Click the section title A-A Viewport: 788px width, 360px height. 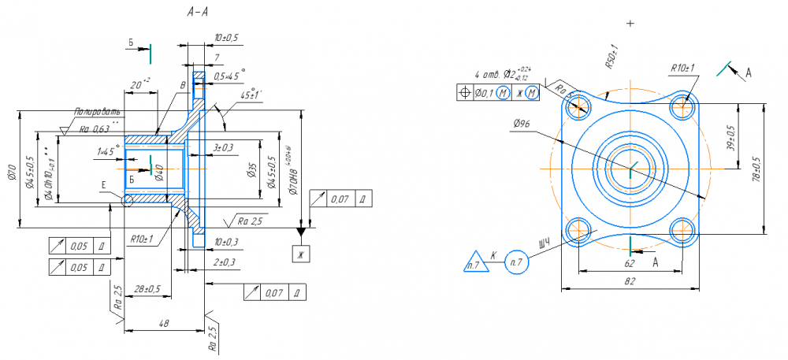[198, 13]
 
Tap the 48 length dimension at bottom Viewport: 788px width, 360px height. [164, 323]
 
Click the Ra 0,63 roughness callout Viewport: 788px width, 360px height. [94, 129]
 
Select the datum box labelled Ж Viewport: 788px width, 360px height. [300, 253]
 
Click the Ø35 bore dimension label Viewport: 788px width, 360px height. [251, 170]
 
